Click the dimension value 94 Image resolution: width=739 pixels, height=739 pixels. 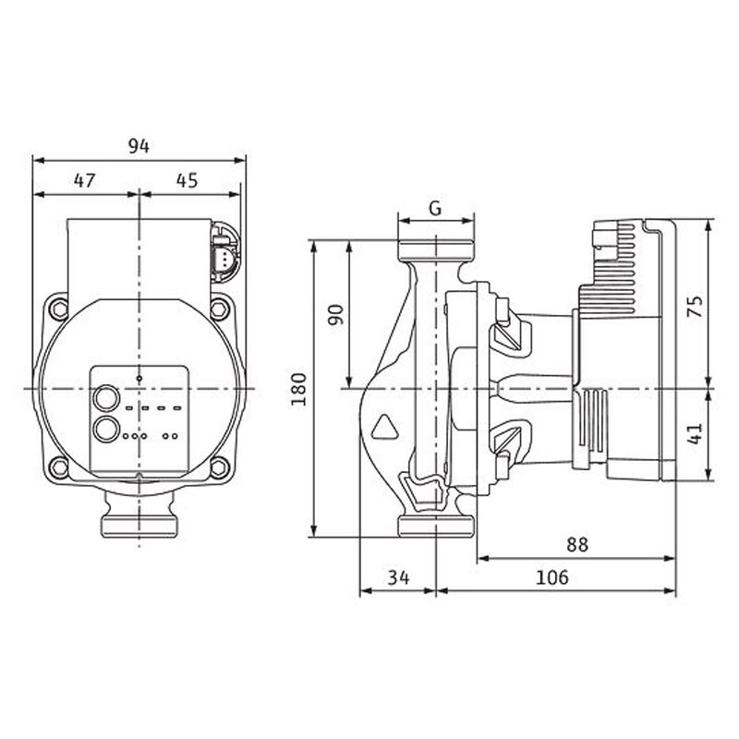pos(139,146)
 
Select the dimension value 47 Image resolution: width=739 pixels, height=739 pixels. pos(85,180)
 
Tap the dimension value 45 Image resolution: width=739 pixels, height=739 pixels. pos(188,180)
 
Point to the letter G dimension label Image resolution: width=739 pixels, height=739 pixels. pos(435,208)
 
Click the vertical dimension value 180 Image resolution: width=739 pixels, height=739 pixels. pos(298,389)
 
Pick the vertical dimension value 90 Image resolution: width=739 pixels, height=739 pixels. pos(336,315)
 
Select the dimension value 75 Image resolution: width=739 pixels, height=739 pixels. pos(696,306)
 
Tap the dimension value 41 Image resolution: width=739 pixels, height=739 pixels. pos(696,433)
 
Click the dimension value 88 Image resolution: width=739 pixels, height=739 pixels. pos(577,544)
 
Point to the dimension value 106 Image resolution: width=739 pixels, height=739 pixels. pos(552,576)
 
